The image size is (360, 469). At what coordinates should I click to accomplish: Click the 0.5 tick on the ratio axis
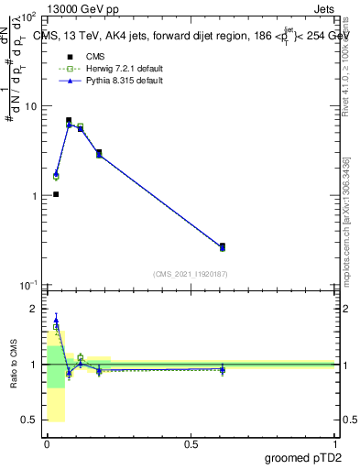(x=30, y=420)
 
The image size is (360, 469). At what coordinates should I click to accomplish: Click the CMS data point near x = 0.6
(x=223, y=246)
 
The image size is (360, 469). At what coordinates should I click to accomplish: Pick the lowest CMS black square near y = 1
(x=56, y=194)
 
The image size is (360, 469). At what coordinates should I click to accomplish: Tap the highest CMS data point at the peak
(x=69, y=120)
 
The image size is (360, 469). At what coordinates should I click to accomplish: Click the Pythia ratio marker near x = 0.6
(x=223, y=369)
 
